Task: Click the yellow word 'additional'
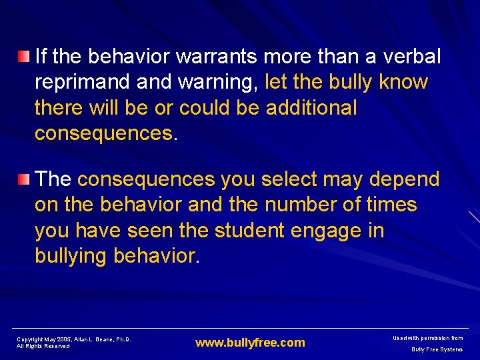point(311,108)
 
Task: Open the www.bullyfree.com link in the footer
point(250,343)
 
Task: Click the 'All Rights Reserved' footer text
point(43,346)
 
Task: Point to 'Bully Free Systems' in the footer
point(437,349)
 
